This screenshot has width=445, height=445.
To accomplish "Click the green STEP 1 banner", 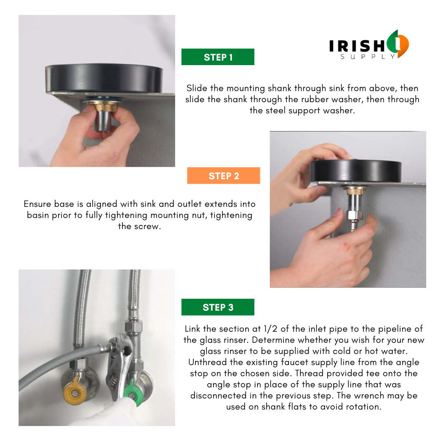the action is pyautogui.click(x=218, y=57).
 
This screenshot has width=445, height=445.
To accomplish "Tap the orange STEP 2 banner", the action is pyautogui.click(x=223, y=176).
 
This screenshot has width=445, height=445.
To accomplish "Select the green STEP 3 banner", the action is pyautogui.click(x=218, y=307).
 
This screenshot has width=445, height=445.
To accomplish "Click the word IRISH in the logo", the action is pyautogui.click(x=357, y=46).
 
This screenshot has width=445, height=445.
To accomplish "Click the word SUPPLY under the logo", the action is pyautogui.click(x=368, y=57).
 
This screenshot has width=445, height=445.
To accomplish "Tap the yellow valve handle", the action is pyautogui.click(x=74, y=391).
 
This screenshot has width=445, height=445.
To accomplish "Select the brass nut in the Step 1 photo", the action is pyautogui.click(x=103, y=106).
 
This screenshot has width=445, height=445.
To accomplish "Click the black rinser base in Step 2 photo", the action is pyautogui.click(x=355, y=171).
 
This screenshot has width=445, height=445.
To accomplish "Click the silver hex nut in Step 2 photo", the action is pyautogui.click(x=354, y=215).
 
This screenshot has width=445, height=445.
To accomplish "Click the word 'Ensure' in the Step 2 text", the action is pyautogui.click(x=37, y=204).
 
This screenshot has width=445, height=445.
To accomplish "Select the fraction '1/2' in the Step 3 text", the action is pyautogui.click(x=270, y=329).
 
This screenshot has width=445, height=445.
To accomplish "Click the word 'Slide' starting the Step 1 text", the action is pyautogui.click(x=197, y=88).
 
